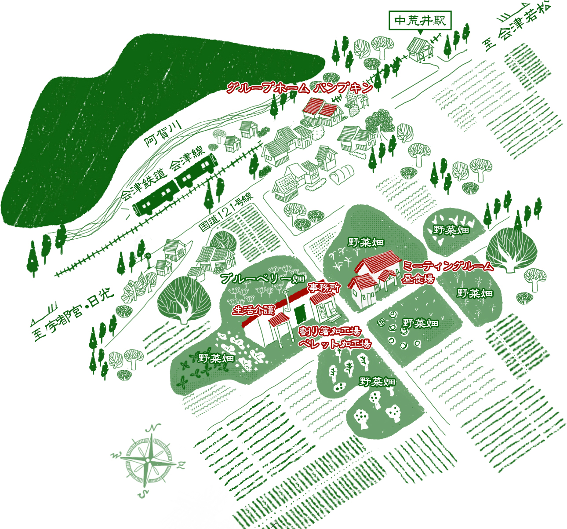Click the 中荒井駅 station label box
[420, 21]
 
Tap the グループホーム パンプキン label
[299, 88]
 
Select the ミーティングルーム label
[448, 266]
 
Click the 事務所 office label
[324, 288]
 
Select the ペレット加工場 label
[334, 344]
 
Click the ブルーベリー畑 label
[262, 278]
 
